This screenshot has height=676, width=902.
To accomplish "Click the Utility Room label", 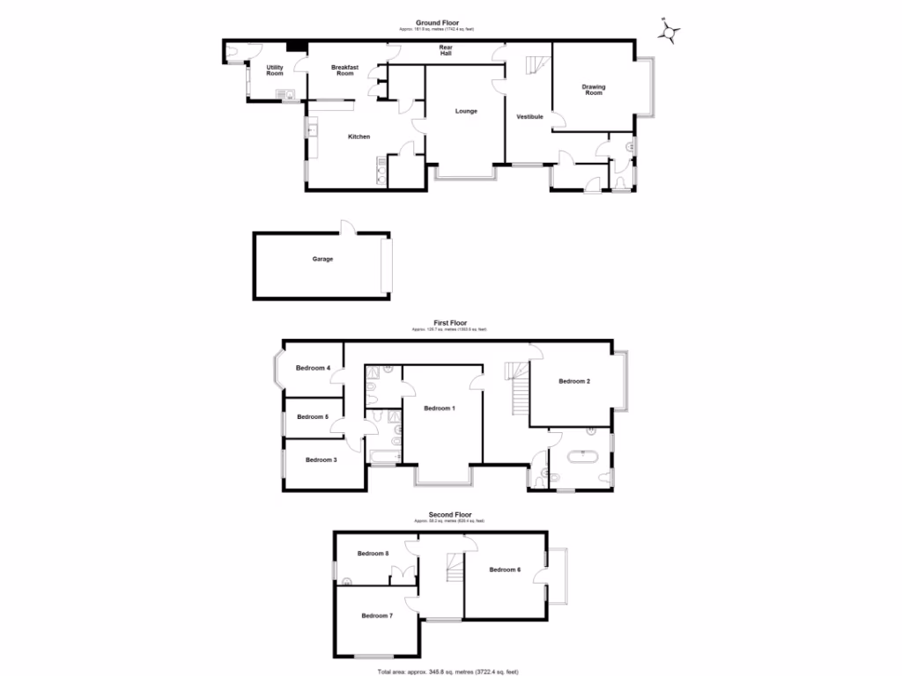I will (x=275, y=70).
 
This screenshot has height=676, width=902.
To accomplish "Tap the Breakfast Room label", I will (x=344, y=70).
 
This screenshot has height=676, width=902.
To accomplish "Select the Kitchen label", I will (x=359, y=136).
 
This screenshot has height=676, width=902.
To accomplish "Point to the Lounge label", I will (x=466, y=111).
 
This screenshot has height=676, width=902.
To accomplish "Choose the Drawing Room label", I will (x=594, y=89).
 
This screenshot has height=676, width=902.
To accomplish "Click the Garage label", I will (x=322, y=259).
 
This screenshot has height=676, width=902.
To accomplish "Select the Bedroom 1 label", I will (x=440, y=408).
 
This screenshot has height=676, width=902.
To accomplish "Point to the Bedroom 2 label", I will (x=574, y=381).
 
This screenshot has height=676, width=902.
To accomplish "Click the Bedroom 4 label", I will (x=313, y=368).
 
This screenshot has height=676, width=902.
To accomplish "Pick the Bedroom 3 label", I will (x=321, y=459).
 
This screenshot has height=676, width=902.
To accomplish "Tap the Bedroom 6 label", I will (x=505, y=569).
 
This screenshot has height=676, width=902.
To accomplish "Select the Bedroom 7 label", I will (x=376, y=615).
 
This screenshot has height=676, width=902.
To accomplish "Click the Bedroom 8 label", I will (x=373, y=554).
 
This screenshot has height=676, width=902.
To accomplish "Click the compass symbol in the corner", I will (x=671, y=32).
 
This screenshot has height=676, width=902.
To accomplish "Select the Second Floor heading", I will (x=449, y=514).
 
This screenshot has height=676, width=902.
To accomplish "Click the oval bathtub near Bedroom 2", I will (x=583, y=458).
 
